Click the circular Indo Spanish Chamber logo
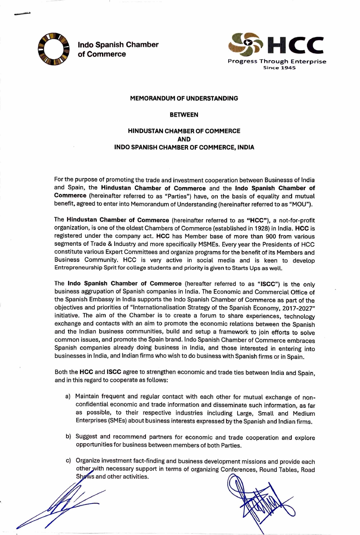coord(53,49)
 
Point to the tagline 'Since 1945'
coord(279,68)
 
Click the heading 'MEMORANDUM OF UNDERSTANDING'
coord(184,98)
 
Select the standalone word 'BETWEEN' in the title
coord(184,115)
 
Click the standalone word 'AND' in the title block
coord(184,139)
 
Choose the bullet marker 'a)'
coord(68,396)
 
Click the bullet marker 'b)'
coord(68,437)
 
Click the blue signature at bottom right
coord(259,500)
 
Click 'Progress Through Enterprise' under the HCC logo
coord(277,62)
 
